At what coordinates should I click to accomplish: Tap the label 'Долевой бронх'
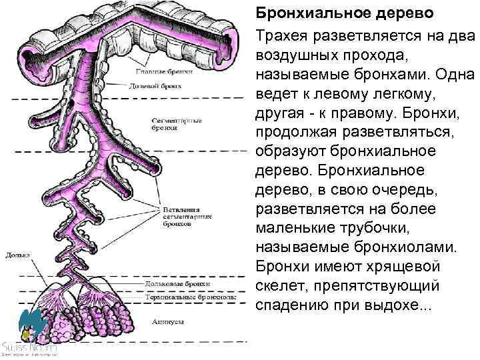pyautogui.click(x=154, y=86)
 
